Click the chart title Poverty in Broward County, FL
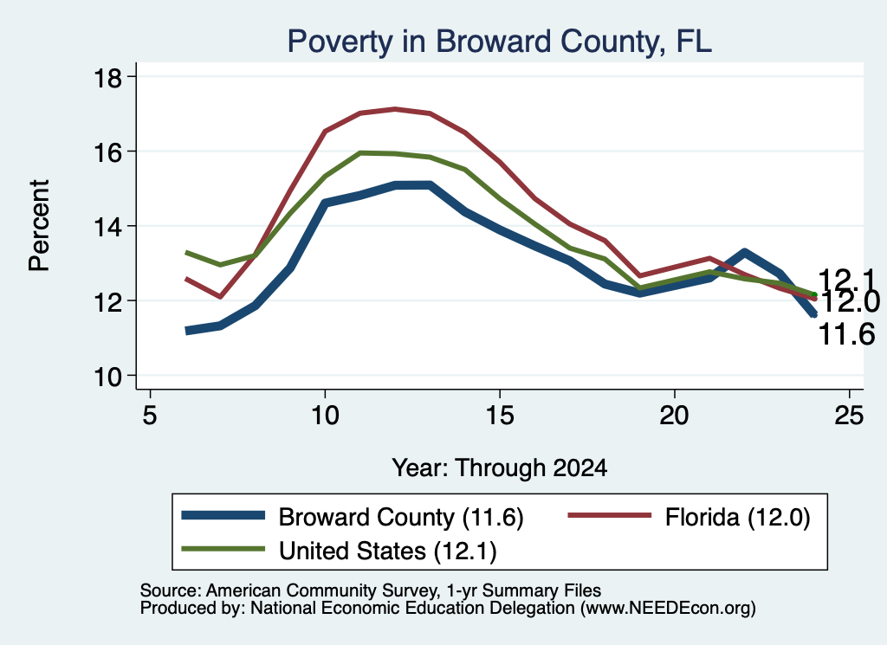[499, 42]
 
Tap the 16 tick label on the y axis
[107, 152]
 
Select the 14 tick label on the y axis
[107, 227]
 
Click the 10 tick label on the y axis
[107, 377]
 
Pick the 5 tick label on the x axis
[149, 416]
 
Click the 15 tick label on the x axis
[500, 416]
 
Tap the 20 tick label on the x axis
[674, 416]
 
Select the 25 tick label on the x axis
[849, 416]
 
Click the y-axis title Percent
[39, 226]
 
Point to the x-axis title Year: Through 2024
[500, 468]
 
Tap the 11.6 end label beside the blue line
[847, 334]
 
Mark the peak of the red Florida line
[395, 109]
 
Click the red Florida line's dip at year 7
[220, 296]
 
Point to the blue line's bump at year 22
[744, 253]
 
